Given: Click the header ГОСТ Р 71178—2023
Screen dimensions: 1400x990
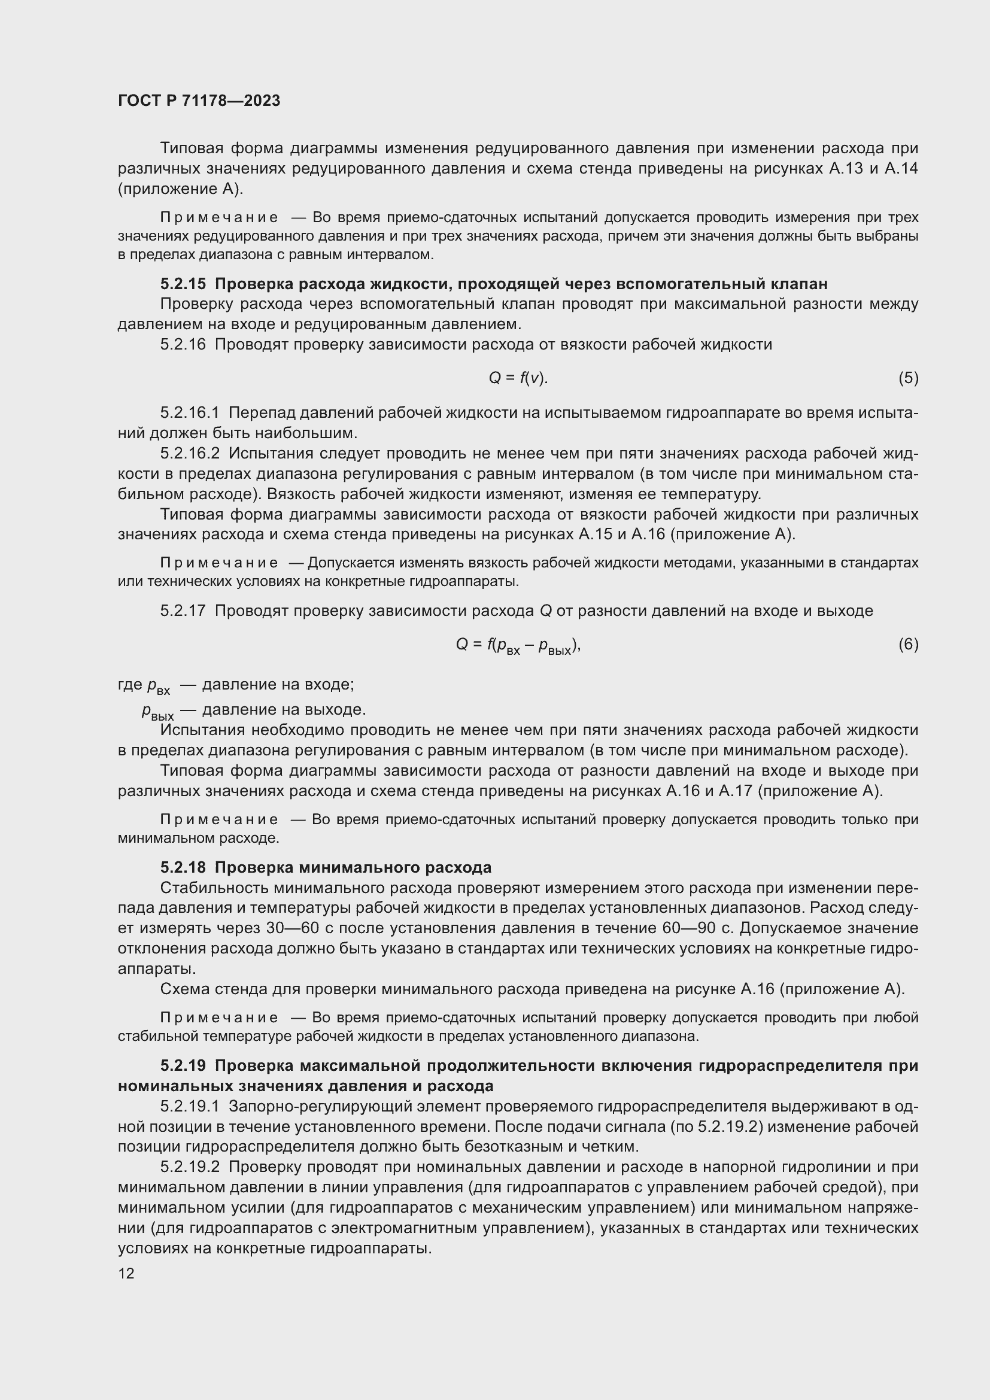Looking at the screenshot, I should point(199,101).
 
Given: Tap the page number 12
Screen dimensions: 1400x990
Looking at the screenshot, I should point(126,1273).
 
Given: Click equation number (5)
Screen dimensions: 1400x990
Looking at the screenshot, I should point(908,378).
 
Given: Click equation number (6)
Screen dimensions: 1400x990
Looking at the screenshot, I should point(908,644).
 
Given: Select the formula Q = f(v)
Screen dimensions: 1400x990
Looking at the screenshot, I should point(518,378).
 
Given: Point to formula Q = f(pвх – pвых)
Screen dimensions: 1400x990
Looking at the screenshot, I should point(518,645).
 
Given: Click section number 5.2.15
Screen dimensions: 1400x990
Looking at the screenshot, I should point(183,284).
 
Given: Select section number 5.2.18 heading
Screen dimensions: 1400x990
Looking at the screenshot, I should point(183,867).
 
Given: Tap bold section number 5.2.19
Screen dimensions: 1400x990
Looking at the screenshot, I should point(183,1065).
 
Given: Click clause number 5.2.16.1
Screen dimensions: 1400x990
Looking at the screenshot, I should point(190,413).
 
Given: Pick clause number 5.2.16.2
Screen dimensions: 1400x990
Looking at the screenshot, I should point(190,453).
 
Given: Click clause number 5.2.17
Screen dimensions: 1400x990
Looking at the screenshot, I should point(183,611).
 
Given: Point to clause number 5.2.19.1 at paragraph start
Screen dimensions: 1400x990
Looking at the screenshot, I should point(190,1106).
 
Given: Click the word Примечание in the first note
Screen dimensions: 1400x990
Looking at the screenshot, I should point(220,218).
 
